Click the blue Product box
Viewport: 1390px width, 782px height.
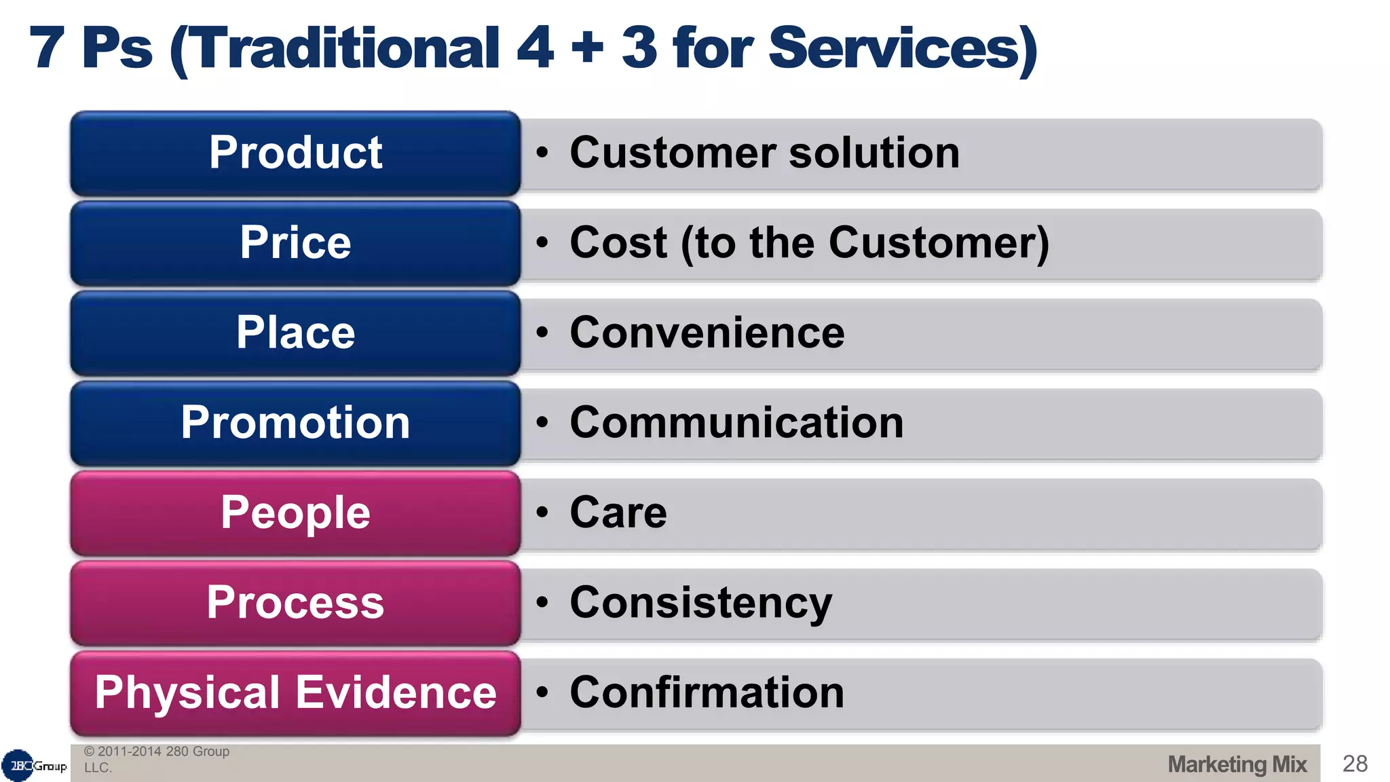click(295, 153)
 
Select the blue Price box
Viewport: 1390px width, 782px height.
click(295, 243)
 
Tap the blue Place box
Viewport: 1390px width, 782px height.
click(295, 333)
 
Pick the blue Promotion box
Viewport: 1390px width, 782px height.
click(295, 423)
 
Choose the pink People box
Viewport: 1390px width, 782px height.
click(295, 513)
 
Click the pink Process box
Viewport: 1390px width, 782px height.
click(295, 603)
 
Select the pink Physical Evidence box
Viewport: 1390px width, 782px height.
click(295, 693)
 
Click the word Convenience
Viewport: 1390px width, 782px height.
click(707, 333)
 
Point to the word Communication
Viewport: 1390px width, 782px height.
click(736, 423)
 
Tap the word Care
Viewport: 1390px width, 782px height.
click(618, 513)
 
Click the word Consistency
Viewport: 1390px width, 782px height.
click(700, 603)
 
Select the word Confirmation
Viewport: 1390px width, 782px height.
click(707, 693)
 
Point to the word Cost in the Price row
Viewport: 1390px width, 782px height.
click(618, 243)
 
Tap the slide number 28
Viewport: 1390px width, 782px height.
click(1355, 764)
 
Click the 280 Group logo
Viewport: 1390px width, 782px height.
click(34, 766)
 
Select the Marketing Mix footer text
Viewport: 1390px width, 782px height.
click(1237, 764)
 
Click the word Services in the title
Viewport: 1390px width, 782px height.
click(903, 49)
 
